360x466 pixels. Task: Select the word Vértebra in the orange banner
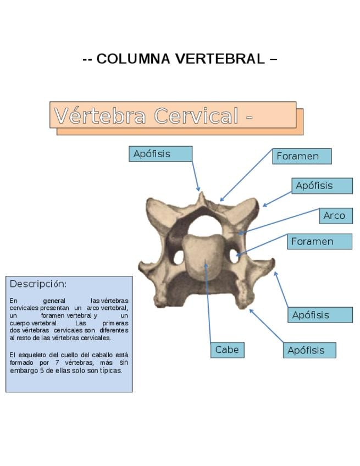[x=100, y=116]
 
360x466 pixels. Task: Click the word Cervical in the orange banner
[x=196, y=116]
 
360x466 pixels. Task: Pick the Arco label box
[x=335, y=216]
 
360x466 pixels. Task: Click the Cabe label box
[x=227, y=350]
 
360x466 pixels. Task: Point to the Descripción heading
[x=38, y=284]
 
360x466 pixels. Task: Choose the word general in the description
[x=54, y=301]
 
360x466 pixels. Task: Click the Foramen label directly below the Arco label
[x=319, y=242]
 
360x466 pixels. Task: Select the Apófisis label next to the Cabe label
[x=309, y=351]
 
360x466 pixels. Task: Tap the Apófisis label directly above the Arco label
[x=322, y=186]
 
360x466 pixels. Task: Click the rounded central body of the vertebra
[x=203, y=256]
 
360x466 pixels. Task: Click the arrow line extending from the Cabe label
[x=208, y=302]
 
